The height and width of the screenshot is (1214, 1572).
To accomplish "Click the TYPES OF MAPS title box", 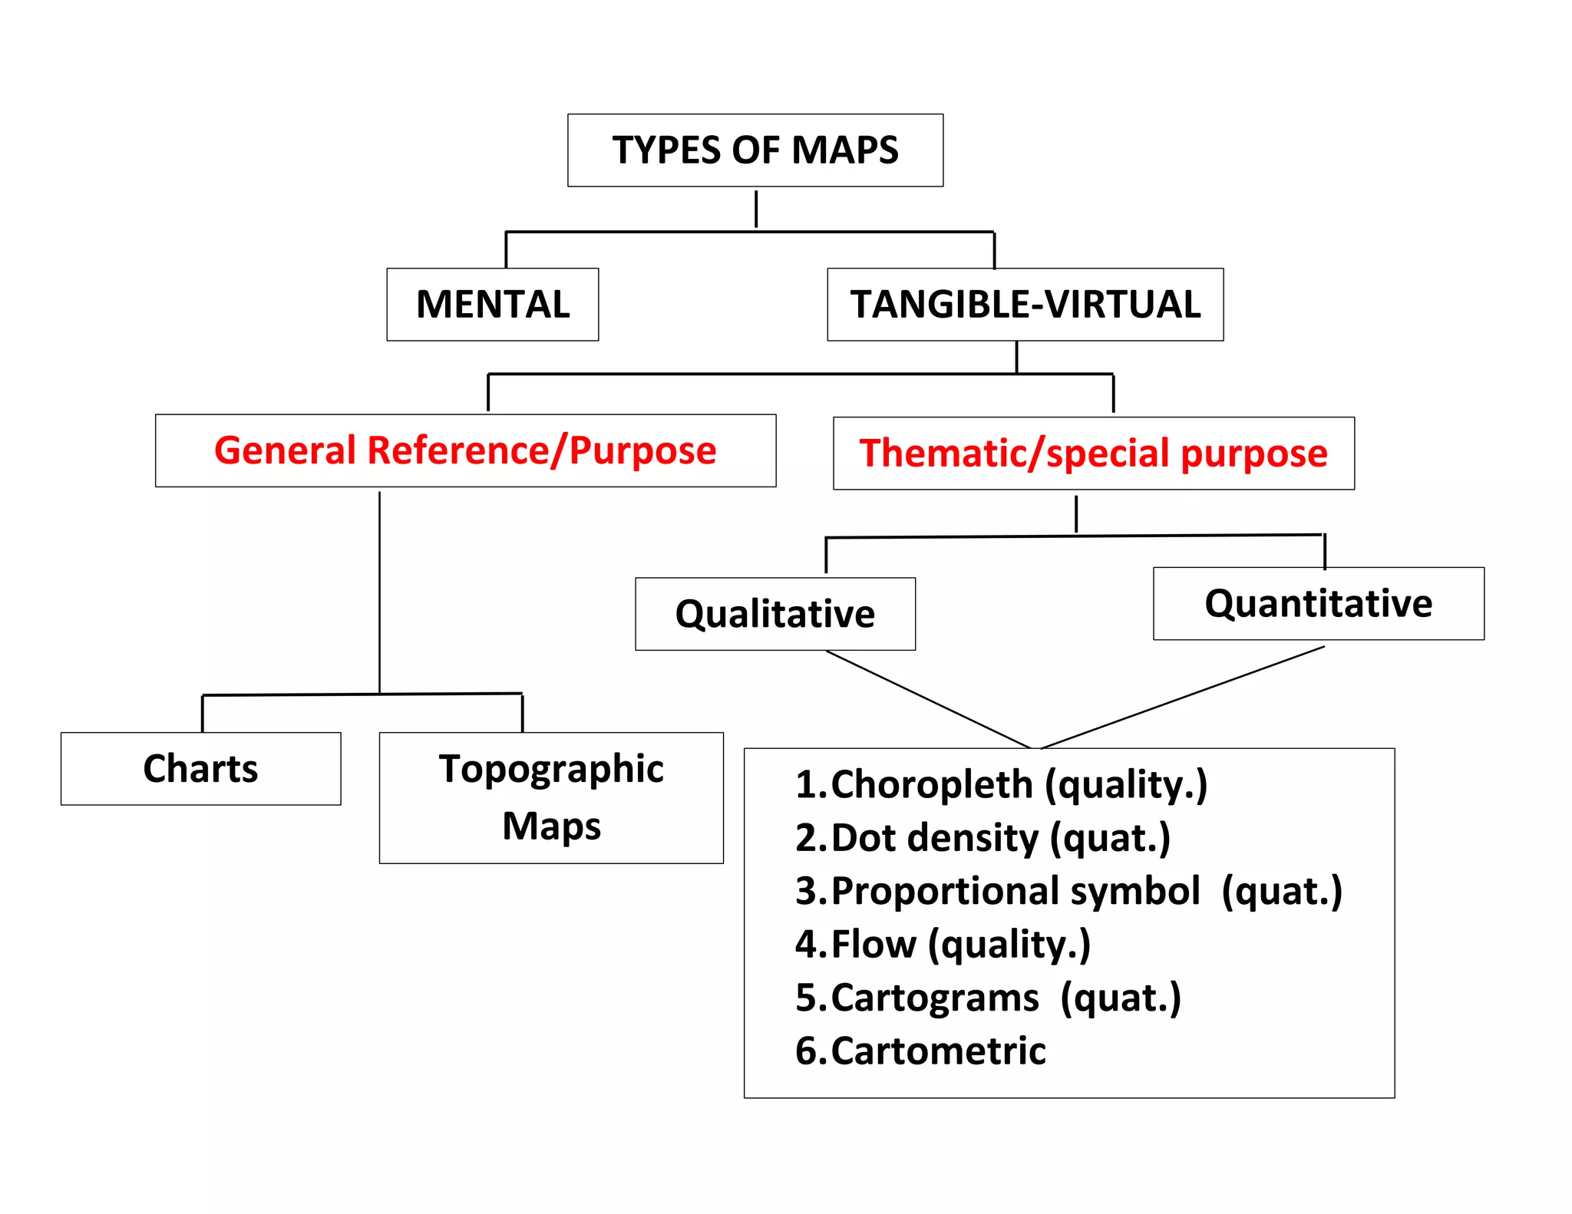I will tap(755, 150).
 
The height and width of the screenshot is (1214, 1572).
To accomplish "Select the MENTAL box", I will tap(492, 305).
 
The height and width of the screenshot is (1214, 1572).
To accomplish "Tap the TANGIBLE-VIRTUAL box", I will tap(1025, 305).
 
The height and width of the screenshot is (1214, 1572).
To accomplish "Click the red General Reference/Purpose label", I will tap(465, 450).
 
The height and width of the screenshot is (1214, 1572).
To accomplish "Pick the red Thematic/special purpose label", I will tap(1093, 454).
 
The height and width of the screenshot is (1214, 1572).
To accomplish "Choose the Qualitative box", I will tap(774, 614).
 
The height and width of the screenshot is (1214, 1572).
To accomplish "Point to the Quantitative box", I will tap(1318, 603).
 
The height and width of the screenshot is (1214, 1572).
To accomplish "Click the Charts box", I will tap(200, 769).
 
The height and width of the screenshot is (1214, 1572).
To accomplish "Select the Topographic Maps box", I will tap(551, 797).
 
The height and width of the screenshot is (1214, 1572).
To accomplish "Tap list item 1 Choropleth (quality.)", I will tap(1001, 785).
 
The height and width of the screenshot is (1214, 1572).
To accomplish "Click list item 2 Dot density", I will tap(982, 838).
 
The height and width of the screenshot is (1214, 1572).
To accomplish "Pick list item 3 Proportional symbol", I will tap(1068, 892).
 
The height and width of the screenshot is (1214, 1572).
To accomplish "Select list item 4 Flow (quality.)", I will tap(943, 945).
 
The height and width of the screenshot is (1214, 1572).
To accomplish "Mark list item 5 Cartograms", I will tap(988, 998).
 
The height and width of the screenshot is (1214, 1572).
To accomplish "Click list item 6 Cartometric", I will tap(920, 1051).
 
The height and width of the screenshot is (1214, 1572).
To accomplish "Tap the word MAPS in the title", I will tap(844, 150).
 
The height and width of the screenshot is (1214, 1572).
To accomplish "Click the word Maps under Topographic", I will tap(551, 826).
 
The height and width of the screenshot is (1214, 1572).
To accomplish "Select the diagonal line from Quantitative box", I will tap(1182, 698).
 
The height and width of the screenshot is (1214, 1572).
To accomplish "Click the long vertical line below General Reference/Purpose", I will tap(379, 591).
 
